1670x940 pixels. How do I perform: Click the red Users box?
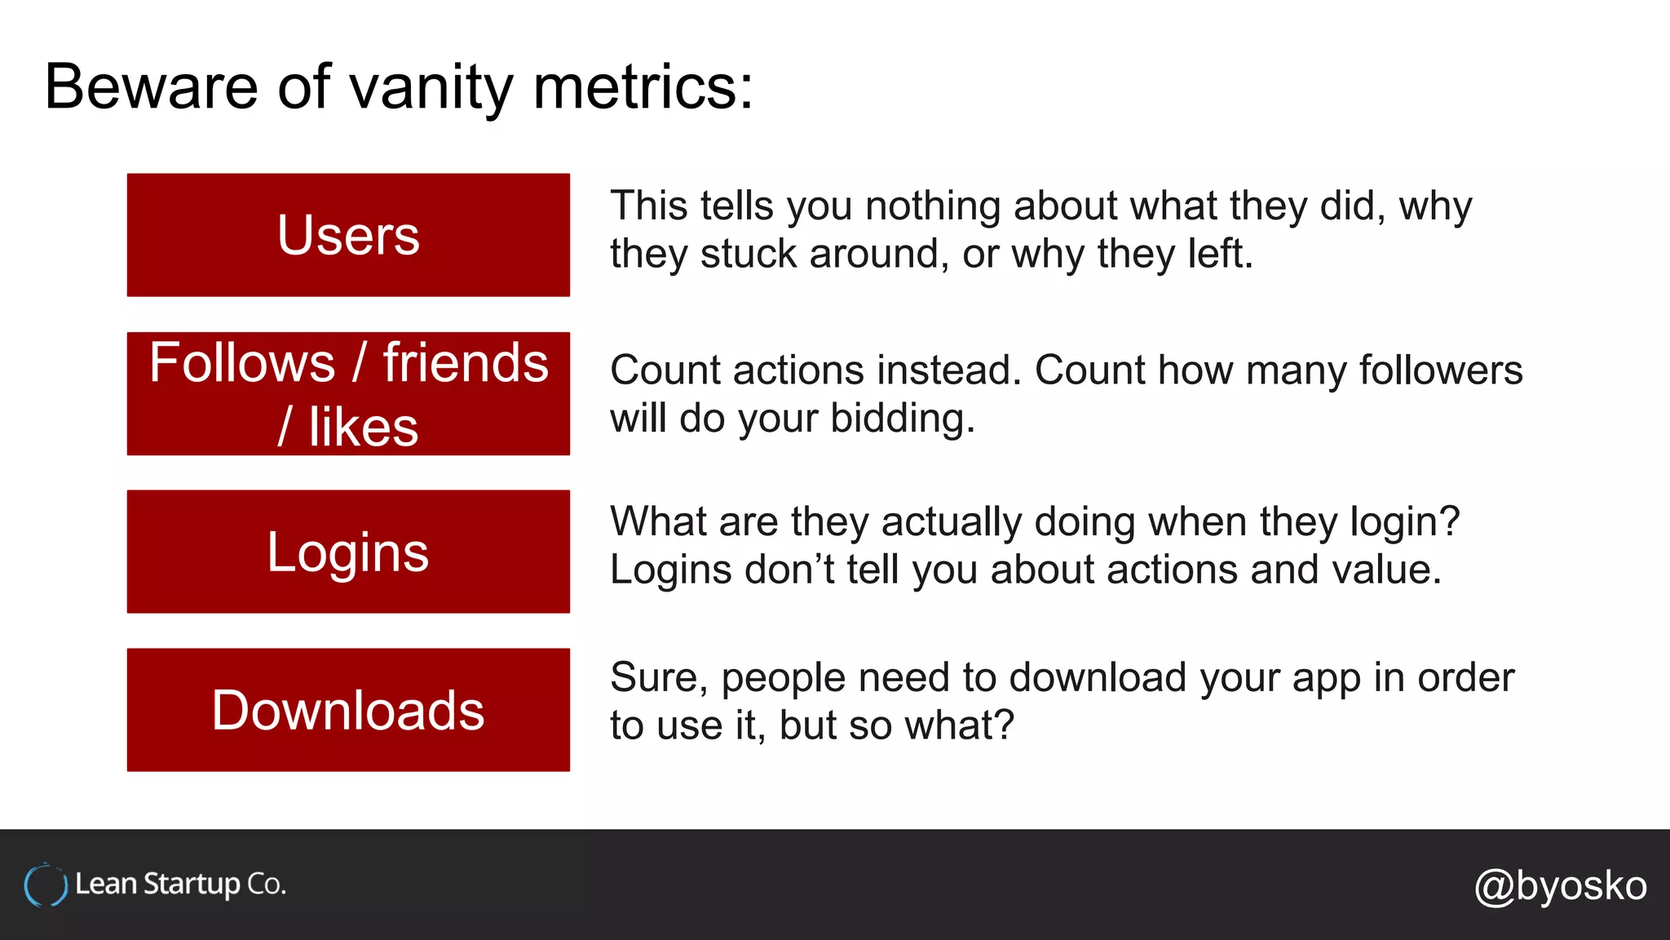tap(348, 235)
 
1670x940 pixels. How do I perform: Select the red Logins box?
tap(348, 552)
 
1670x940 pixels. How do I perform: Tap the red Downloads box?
tap(348, 710)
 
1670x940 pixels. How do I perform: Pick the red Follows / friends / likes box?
tap(348, 393)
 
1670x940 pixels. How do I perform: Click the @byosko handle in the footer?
tap(1560, 885)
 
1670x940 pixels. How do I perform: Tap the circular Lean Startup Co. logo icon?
tap(46, 885)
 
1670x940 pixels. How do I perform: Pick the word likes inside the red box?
tap(363, 427)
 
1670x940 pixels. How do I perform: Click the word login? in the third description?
tap(1404, 521)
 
